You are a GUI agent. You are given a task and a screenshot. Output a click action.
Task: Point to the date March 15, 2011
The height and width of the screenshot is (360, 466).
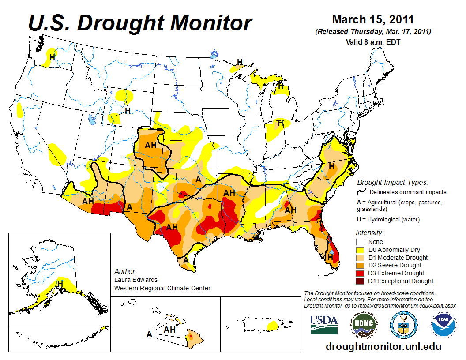[372, 19]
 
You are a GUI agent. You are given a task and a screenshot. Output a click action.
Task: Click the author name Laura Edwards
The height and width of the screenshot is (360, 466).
[135, 280]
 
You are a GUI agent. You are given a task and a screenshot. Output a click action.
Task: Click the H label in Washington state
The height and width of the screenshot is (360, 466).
[52, 57]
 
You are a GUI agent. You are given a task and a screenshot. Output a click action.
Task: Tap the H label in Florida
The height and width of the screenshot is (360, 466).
[330, 256]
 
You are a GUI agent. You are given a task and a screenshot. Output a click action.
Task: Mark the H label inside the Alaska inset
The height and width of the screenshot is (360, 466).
[60, 283]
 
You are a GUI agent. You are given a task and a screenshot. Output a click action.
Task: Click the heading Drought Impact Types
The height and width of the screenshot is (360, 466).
[392, 182]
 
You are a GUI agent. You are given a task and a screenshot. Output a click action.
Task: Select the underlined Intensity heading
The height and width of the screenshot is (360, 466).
[369, 232]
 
